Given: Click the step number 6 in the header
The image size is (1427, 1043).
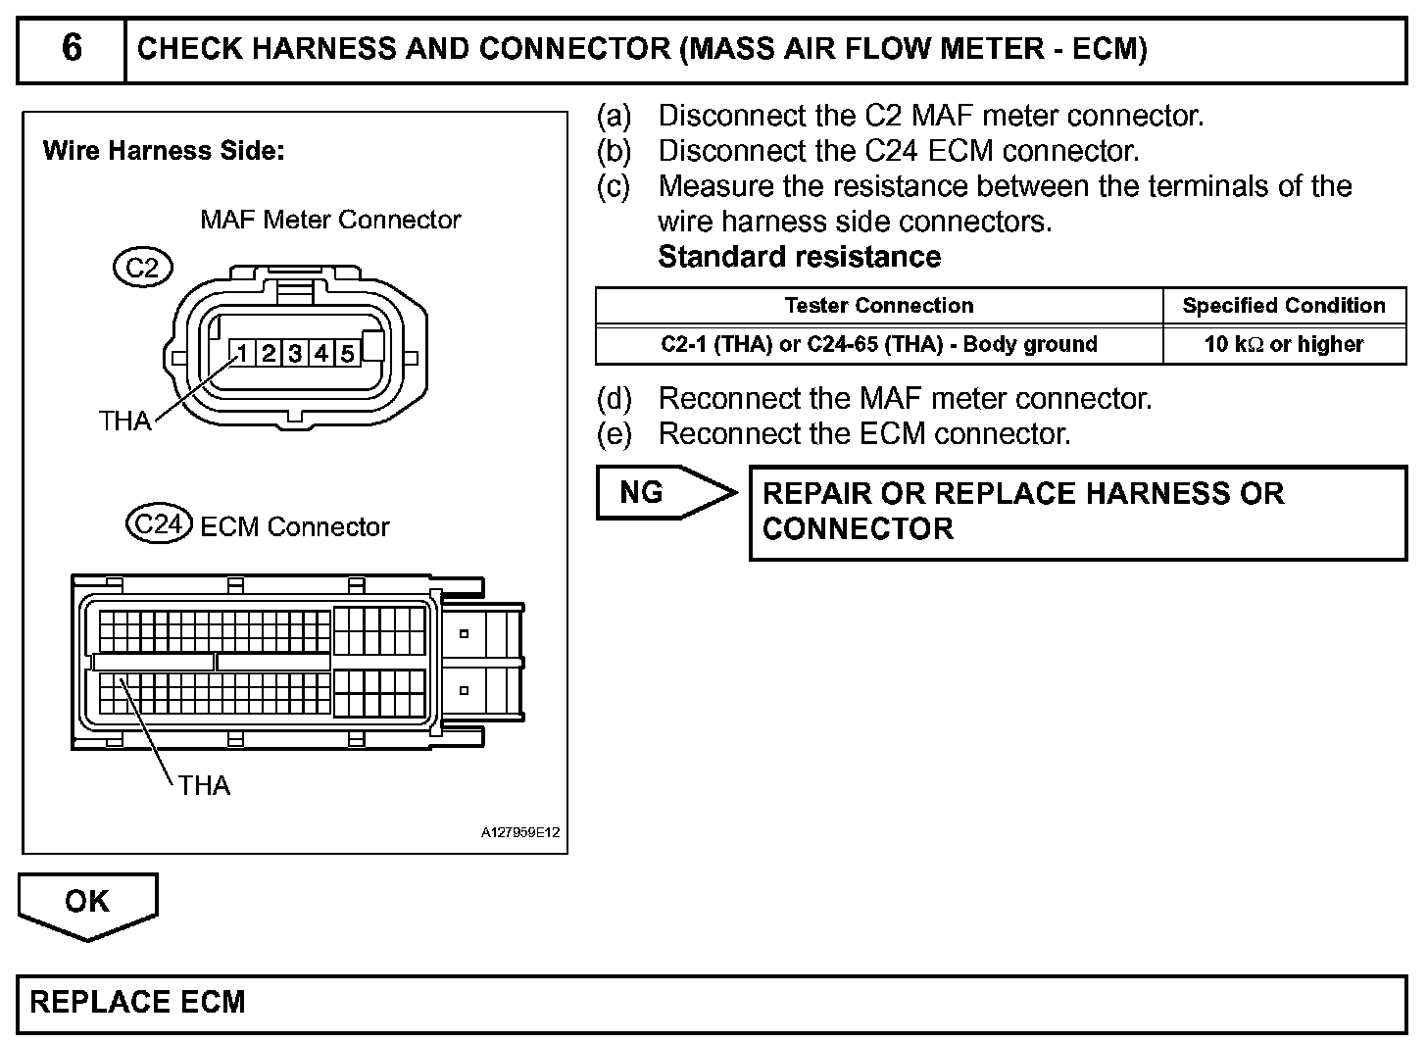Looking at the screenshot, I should tap(72, 48).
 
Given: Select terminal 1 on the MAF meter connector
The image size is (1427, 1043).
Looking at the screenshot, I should tap(242, 353).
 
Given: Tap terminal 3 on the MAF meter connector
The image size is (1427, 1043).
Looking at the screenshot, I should tap(294, 353).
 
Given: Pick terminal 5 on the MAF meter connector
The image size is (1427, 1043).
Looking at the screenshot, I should tap(346, 353).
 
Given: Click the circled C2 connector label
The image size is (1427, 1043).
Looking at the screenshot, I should tap(143, 267).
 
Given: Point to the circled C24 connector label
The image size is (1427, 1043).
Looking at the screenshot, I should tap(157, 524).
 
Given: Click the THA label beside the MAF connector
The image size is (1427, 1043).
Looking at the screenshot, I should tap(124, 421).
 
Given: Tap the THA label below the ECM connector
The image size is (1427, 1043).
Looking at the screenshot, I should tap(204, 785).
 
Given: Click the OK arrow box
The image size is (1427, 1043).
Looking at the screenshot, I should tap(87, 902).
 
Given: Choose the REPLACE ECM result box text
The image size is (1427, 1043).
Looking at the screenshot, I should tap(138, 1002).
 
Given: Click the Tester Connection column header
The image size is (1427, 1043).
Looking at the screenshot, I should tap(879, 305).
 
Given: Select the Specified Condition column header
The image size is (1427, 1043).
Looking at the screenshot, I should tap(1284, 305).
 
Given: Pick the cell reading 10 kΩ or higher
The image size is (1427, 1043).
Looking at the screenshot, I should tap(1284, 344).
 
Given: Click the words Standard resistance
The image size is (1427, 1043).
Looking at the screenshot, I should tap(799, 257).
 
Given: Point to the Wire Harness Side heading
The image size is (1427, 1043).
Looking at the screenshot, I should tap(164, 151).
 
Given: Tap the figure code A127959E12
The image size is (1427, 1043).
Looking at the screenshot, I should tap(519, 832).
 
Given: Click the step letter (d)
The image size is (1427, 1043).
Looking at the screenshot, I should tap(614, 399).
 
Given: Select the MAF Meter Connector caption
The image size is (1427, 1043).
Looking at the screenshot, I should tap(330, 220).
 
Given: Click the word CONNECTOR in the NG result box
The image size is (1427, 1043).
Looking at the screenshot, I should tap(858, 528).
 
